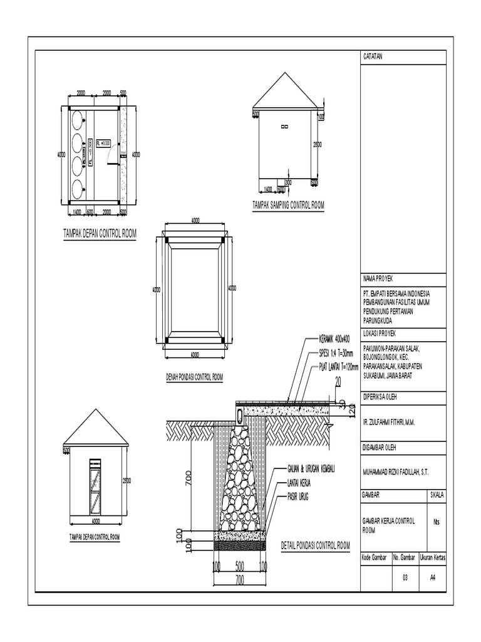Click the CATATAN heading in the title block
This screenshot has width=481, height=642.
[x=373, y=56]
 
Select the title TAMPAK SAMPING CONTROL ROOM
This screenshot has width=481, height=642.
[x=288, y=205]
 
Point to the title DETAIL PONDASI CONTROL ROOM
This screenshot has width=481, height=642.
[x=315, y=546]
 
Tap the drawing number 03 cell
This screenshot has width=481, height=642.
[x=405, y=579]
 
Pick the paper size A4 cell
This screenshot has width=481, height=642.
[x=433, y=579]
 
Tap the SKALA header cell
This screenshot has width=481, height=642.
[x=437, y=495]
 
